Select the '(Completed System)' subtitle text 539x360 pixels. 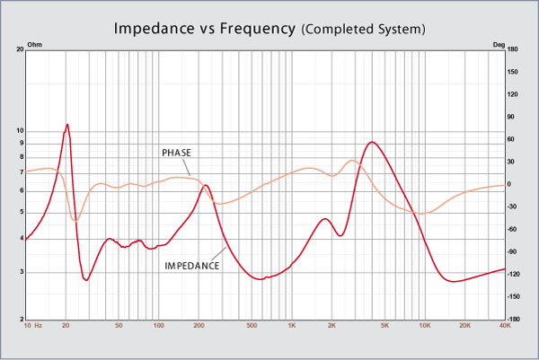tap(364, 30)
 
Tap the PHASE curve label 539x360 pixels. tap(176, 154)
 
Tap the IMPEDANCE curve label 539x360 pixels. tap(192, 266)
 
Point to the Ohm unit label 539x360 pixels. tap(35, 43)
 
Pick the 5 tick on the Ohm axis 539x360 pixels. tap(22, 212)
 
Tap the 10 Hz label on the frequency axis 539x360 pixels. tap(33, 326)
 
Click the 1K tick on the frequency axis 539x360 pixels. tap(292, 326)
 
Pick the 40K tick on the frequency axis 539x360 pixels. tap(504, 326)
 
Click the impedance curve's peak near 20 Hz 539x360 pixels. tap(67, 124)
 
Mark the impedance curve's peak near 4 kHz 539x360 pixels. tap(371, 142)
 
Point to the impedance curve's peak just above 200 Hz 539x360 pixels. tap(206, 185)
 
